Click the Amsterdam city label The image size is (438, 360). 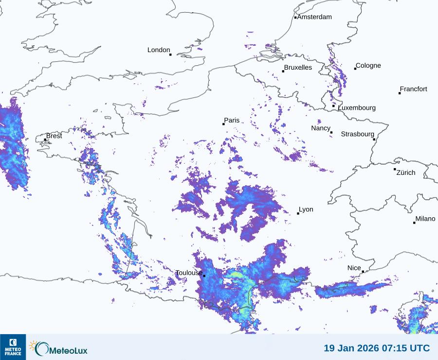click(x=314, y=17)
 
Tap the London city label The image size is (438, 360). click(x=159, y=50)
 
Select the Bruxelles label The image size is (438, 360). click(x=298, y=68)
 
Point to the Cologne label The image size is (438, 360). click(x=368, y=66)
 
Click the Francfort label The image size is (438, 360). click(x=414, y=89)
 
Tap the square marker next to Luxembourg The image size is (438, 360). click(x=333, y=106)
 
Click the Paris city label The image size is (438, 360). click(x=232, y=120)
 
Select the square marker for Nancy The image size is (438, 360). click(x=331, y=133)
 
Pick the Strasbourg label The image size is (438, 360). click(x=357, y=134)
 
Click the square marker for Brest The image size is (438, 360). click(x=45, y=140)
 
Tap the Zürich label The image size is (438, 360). click(x=406, y=172)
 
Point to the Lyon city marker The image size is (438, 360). click(x=298, y=213)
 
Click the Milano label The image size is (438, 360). click(x=425, y=219)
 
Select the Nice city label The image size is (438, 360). click(x=354, y=268)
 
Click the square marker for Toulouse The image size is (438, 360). click(x=204, y=276)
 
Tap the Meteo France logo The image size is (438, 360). click(x=13, y=347)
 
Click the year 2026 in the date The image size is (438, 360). click(x=365, y=348)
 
